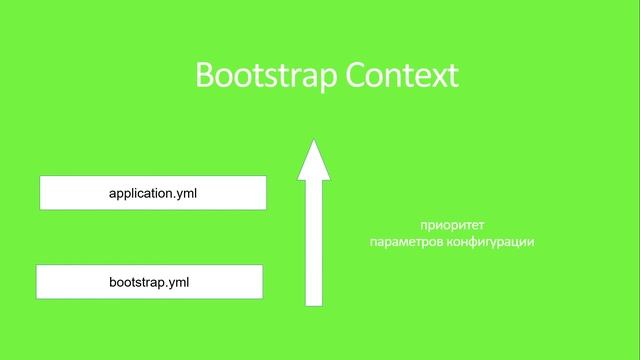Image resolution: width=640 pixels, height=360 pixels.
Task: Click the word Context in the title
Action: pos(401,76)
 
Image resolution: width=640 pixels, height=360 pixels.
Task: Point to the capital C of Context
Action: pos(354,76)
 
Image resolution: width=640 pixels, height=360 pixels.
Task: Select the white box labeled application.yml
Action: pos(152,193)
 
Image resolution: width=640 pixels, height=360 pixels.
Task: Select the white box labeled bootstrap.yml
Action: pos(149,282)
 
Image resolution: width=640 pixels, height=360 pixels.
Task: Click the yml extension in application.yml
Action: pos(186,193)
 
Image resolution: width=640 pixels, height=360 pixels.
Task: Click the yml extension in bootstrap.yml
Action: pos(178,282)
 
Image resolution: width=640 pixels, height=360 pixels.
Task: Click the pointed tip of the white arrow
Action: pos(314,141)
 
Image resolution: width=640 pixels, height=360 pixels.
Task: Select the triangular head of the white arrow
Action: pos(314,162)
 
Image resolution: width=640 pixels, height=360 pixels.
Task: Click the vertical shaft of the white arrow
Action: pos(314,240)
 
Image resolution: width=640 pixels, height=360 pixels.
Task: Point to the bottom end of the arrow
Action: pos(314,302)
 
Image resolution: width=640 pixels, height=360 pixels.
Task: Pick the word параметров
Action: pos(402,242)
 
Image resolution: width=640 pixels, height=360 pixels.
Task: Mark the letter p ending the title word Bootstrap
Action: pos(326,78)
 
